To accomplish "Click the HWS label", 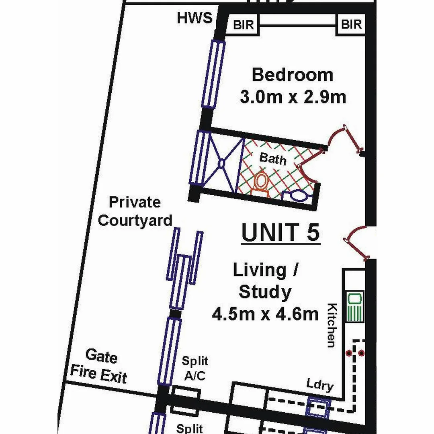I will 194,18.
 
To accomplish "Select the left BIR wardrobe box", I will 244,25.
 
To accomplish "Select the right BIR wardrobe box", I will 351,25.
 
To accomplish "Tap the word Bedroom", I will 292,75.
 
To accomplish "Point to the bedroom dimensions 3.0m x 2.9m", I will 293,97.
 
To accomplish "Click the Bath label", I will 273,158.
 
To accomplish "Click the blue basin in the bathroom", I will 298,196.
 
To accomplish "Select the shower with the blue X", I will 221,163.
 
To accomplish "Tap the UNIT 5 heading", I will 280,233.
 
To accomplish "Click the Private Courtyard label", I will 135,211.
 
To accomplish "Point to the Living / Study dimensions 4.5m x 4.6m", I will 265,314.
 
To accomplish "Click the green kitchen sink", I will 355,306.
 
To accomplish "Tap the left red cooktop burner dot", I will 349,353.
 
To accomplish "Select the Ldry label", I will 320,385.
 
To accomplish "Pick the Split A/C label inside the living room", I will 195,368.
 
